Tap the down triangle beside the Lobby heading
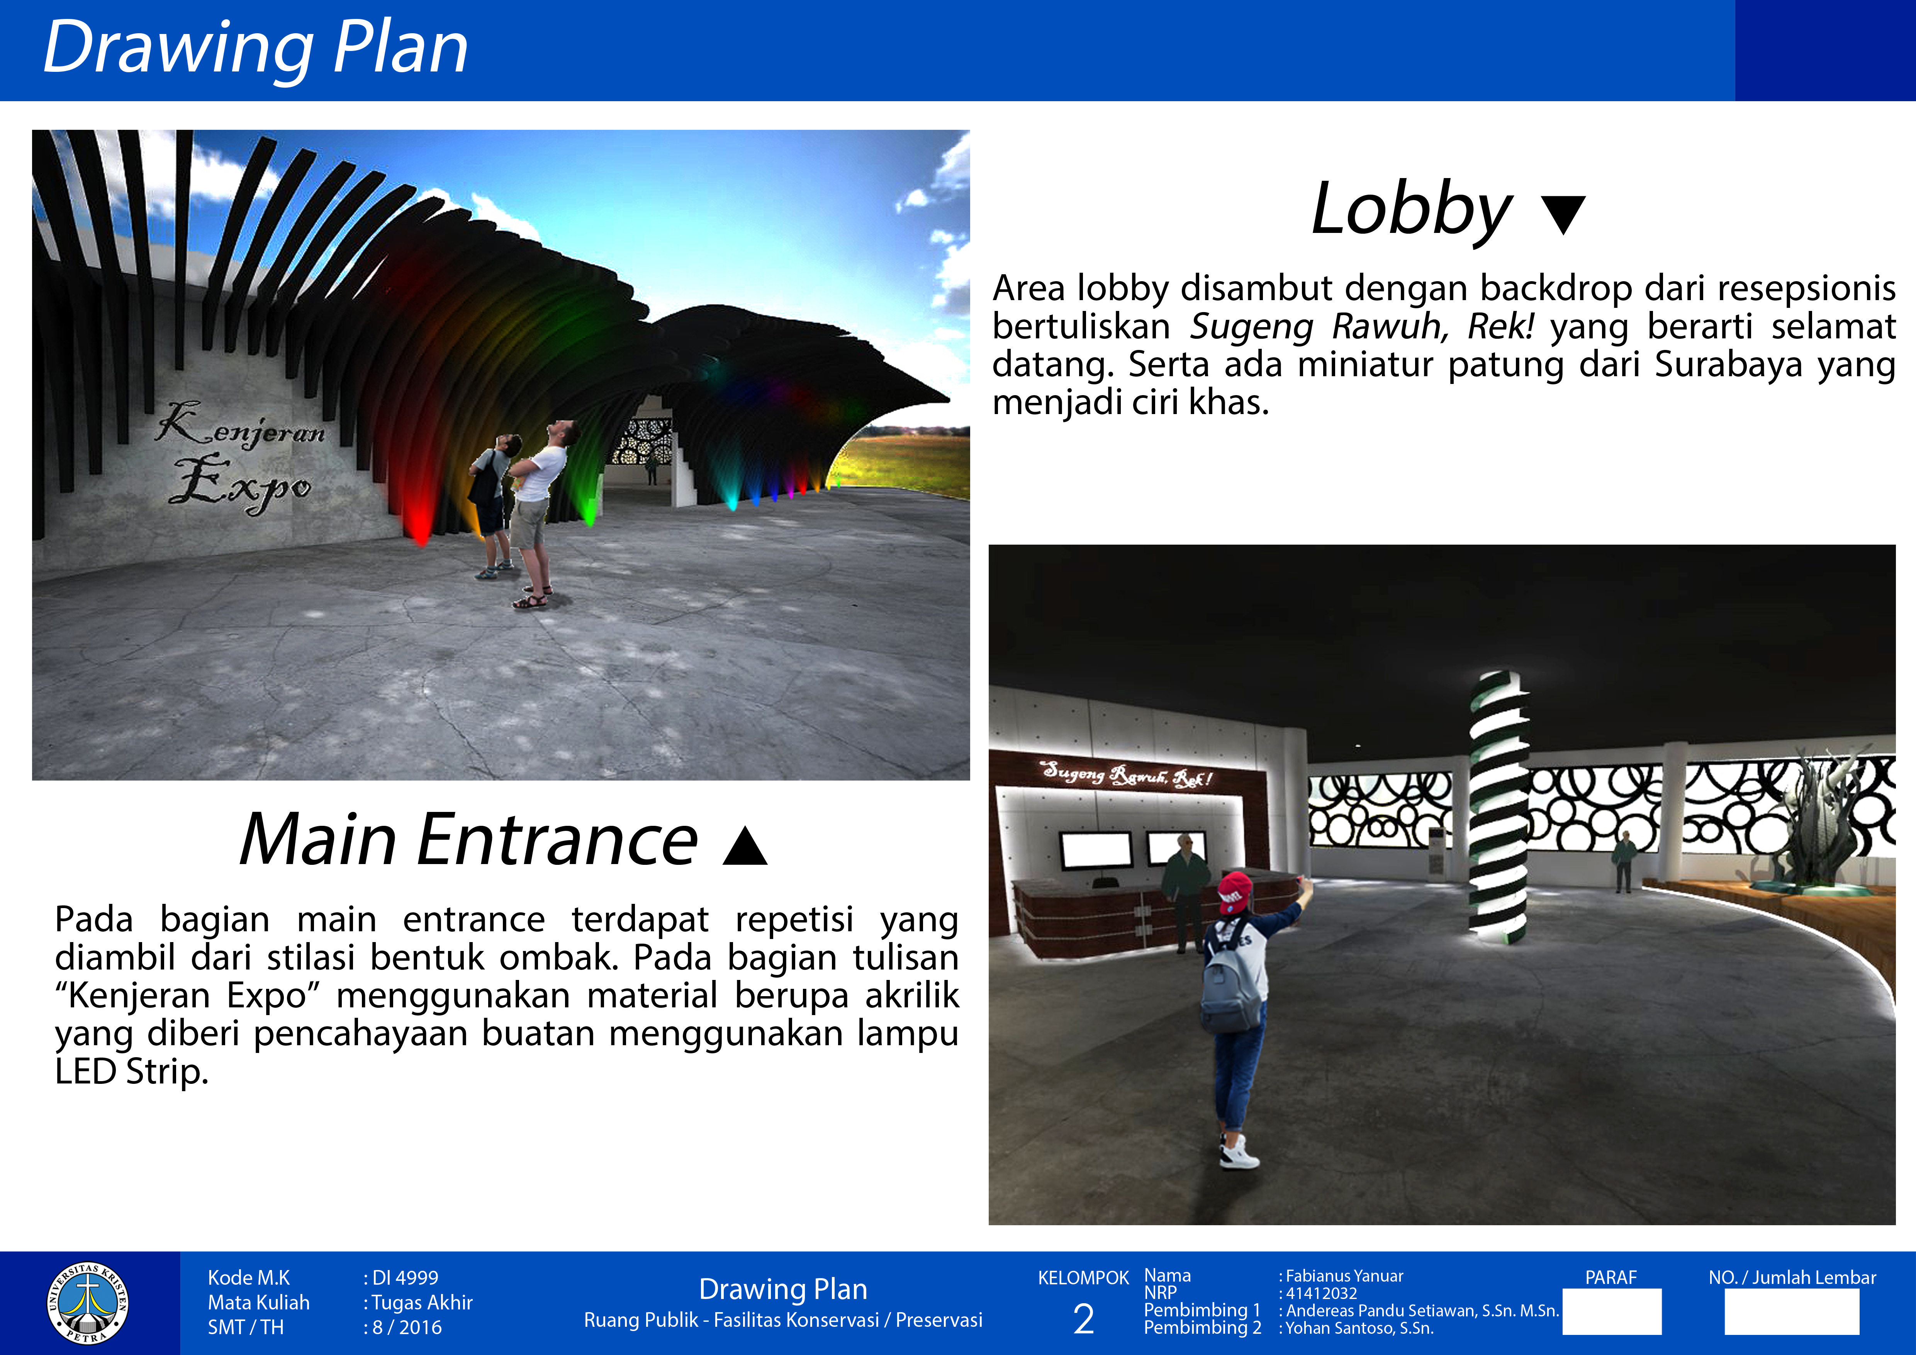click(1563, 215)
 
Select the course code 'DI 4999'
click(405, 1277)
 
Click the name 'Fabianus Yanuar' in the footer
click(1344, 1276)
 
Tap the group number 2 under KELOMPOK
click(1083, 1319)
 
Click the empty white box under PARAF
click(1611, 1312)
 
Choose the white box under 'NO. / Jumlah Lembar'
click(1792, 1312)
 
